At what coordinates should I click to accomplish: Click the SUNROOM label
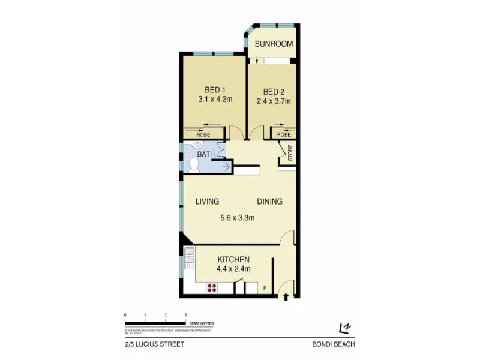click(274, 44)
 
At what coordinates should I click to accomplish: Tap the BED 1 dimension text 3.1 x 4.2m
click(215, 100)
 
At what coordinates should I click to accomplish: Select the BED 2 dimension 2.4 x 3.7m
click(274, 101)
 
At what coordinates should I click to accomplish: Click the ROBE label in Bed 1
click(203, 135)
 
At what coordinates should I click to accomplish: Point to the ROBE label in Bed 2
click(284, 135)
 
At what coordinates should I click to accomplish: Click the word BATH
click(206, 154)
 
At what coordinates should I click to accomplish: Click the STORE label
click(289, 154)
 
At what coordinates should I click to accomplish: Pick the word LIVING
click(207, 202)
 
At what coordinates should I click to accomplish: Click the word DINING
click(269, 202)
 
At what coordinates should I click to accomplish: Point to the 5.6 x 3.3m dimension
click(238, 218)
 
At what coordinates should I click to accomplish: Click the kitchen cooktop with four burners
click(212, 288)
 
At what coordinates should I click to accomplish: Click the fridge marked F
click(265, 289)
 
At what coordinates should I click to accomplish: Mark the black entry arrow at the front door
click(286, 296)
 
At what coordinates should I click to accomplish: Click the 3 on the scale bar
click(186, 314)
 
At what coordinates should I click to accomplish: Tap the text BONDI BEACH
click(334, 344)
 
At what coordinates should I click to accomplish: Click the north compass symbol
click(344, 328)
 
